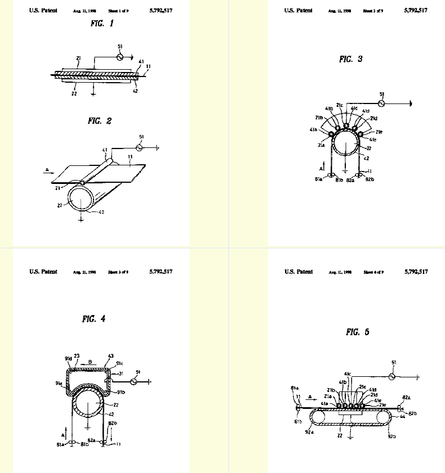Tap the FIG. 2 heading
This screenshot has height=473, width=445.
point(100,120)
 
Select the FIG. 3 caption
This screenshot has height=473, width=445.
point(350,59)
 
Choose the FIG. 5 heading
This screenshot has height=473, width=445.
point(357,332)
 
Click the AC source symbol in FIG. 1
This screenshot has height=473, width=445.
point(120,57)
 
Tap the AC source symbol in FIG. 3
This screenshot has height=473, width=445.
point(381,103)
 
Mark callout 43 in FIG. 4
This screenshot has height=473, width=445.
point(110,355)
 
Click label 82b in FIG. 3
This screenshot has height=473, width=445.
point(370,180)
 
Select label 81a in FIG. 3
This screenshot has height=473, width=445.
point(318,179)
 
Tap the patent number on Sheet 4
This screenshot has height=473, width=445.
point(416,272)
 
